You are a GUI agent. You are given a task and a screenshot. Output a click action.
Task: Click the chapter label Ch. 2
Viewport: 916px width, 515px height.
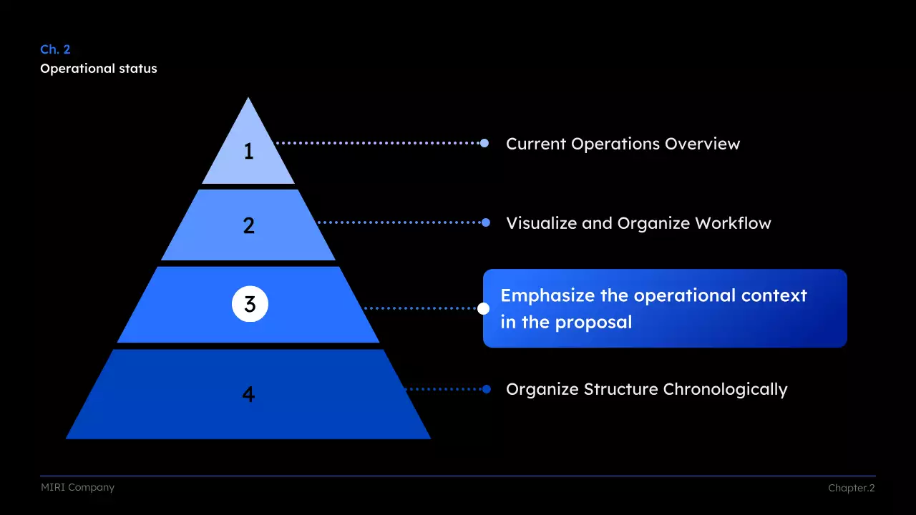(55, 49)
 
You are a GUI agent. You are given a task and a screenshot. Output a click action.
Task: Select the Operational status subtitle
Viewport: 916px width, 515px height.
(98, 69)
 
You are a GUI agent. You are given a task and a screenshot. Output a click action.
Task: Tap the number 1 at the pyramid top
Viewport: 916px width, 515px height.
(248, 152)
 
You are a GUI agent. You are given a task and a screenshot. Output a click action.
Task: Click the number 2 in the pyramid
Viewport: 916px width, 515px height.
(248, 226)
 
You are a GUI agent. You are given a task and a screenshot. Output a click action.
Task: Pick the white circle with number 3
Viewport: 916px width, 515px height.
(250, 305)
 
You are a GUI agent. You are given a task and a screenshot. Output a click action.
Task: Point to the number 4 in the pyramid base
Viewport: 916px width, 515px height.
(248, 394)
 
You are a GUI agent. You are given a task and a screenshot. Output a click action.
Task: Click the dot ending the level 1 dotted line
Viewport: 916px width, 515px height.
(484, 143)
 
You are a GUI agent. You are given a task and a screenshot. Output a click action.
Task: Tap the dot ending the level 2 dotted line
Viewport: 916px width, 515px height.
(486, 222)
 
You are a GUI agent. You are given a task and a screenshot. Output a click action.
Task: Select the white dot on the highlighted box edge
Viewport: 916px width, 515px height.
(484, 309)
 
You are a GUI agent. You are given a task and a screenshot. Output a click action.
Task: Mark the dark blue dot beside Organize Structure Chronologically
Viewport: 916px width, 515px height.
(487, 389)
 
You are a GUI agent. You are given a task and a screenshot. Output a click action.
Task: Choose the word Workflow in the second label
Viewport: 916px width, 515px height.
(733, 223)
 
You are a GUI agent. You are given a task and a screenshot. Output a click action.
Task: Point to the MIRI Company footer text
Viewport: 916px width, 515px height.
(77, 488)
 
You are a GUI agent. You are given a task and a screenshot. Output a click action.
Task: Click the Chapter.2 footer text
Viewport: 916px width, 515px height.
(851, 489)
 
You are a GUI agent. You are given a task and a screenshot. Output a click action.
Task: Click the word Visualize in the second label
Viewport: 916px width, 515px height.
(542, 223)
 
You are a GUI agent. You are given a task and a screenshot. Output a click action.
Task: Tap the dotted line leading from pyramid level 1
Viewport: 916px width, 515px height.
(379, 143)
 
